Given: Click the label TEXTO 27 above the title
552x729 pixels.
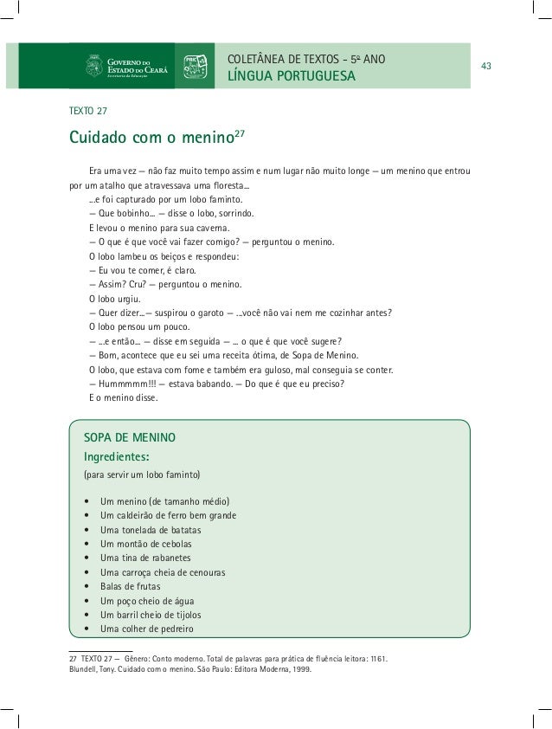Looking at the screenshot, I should click(x=87, y=110).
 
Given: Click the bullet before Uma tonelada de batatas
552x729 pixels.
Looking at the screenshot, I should click(x=87, y=530).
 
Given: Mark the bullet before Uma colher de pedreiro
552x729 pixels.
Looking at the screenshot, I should click(x=87, y=629).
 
